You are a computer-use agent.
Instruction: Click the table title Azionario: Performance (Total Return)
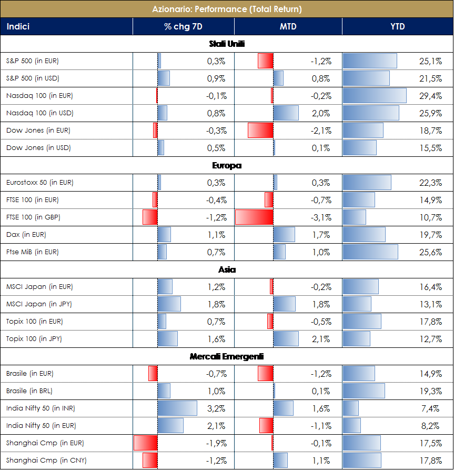[x=227, y=9]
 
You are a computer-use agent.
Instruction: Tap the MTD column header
[x=288, y=26]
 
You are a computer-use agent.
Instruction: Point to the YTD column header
[x=398, y=26]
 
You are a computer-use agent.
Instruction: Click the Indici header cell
[x=18, y=26]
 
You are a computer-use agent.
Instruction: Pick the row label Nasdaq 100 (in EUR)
[x=39, y=96]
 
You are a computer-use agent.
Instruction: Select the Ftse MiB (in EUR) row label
[x=33, y=252]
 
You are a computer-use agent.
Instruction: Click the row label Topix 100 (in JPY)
[x=34, y=339]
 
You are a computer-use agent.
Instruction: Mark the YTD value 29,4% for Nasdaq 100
[x=430, y=96]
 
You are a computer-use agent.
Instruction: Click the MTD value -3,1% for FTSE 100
[x=320, y=217]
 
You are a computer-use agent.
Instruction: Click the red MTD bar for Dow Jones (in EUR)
[x=260, y=131]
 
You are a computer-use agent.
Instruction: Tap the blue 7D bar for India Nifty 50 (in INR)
[x=177, y=408]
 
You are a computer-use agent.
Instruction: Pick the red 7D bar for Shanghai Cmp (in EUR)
[x=146, y=443]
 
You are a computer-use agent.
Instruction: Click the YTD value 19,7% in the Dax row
[x=430, y=235]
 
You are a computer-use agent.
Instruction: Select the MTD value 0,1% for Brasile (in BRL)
[x=321, y=391]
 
